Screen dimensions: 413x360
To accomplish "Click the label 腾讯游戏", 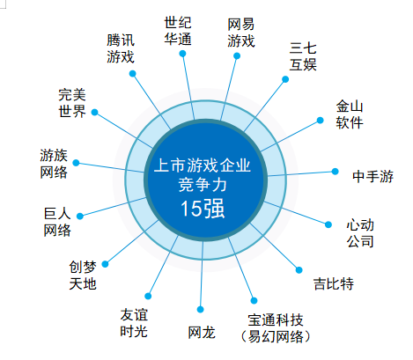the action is pos(121,48).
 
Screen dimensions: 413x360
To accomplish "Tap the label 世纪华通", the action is pos(178,31).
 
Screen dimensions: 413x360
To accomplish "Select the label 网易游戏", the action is pos(241,33).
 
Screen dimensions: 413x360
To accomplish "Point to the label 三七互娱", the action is pos(303,56).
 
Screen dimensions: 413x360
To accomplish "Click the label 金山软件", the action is pos(350,114).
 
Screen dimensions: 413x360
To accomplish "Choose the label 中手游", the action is pos(372,176).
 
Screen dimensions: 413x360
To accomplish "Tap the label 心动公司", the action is pos(360,233).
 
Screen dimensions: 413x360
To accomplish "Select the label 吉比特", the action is pos(334,283).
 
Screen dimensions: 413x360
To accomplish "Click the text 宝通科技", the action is pos(276,320).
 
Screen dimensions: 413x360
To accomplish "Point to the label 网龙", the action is pos(202,333).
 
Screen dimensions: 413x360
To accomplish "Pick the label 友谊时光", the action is pos(134,323).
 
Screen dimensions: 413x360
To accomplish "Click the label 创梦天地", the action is pos(83,276).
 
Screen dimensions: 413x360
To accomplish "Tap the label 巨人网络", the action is pos(57,222).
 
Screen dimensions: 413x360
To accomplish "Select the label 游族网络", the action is pos(54,164).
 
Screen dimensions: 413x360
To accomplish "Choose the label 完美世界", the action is pos(72,103).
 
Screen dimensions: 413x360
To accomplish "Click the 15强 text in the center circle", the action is pos(203,209).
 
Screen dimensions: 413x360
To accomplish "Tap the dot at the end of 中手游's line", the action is pos(335,172).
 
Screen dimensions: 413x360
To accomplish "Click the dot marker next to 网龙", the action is pos(201,310).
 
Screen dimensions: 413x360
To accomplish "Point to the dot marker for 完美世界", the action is pos(94,113).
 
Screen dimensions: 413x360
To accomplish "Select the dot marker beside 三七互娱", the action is pos(285,79).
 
